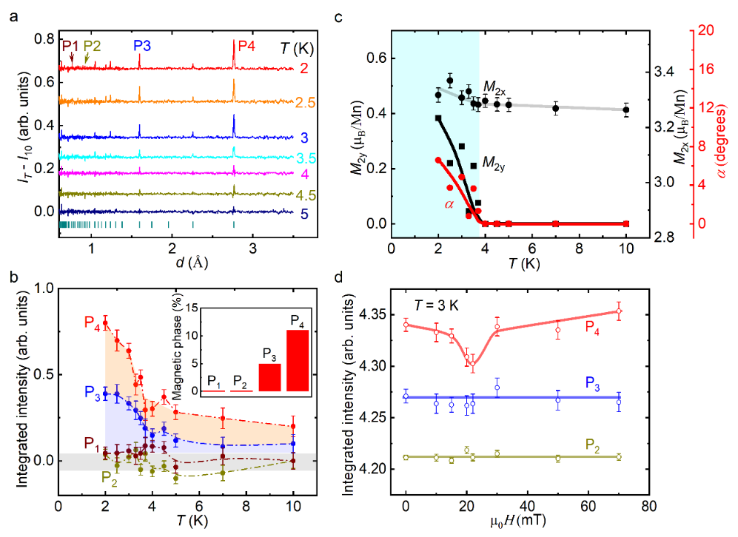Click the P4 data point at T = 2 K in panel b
click(105, 322)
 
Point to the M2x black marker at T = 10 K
click(626, 110)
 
